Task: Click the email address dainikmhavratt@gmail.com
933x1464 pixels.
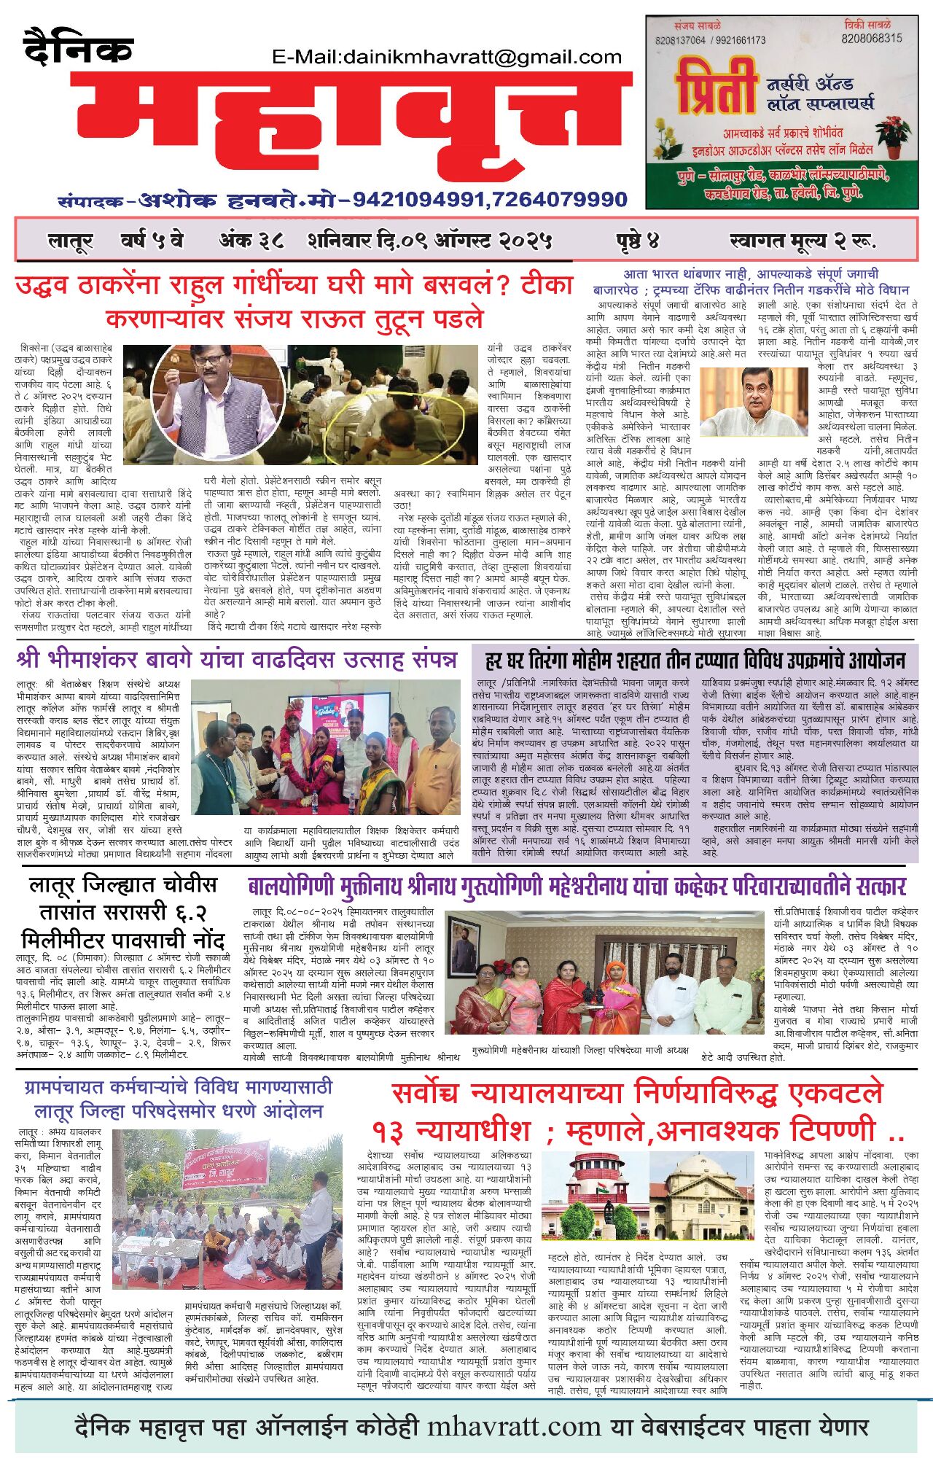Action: pos(446,57)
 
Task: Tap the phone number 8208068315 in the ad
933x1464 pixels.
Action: pos(871,38)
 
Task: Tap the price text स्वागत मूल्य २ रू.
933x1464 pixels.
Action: pos(802,240)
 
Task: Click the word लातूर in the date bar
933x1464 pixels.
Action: pos(70,241)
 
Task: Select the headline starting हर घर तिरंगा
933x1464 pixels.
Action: pos(695,661)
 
